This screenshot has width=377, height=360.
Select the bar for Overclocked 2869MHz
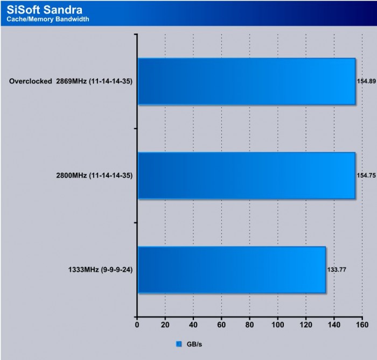click(246, 81)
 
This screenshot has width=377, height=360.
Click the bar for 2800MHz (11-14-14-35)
click(246, 175)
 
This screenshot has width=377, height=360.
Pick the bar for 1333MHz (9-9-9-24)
click(232, 270)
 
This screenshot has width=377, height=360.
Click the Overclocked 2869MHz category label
click(71, 82)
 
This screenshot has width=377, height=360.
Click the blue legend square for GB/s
click(179, 343)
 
